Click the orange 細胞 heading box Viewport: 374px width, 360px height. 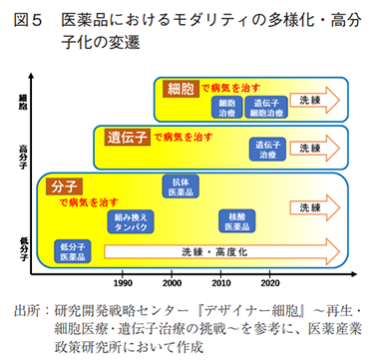click(182, 87)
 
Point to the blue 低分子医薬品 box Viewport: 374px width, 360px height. click(73, 251)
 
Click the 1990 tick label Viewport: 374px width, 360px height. click(125, 280)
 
